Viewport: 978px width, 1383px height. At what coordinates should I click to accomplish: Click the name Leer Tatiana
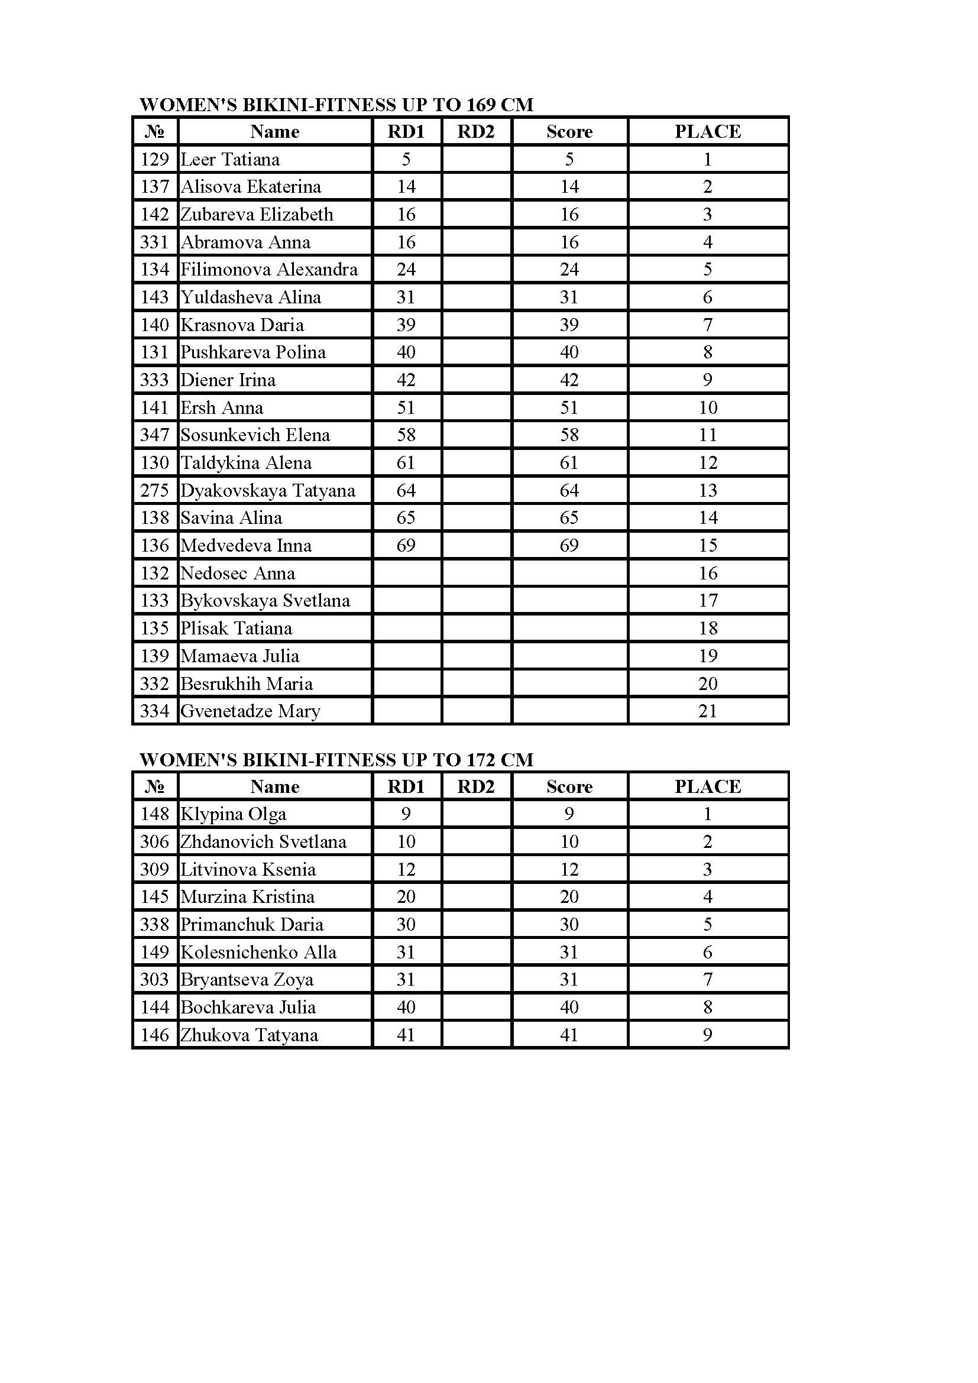click(x=230, y=160)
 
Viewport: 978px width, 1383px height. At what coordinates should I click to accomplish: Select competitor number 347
click(x=155, y=435)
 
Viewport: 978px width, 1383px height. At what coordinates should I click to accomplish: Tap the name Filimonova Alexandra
click(x=269, y=269)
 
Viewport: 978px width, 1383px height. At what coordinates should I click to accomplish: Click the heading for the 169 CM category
click(x=336, y=105)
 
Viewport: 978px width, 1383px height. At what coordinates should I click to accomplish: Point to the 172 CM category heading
click(x=336, y=760)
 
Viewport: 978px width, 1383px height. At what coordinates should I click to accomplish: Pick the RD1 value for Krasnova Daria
click(x=406, y=325)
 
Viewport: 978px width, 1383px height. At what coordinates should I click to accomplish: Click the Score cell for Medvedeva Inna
click(x=569, y=546)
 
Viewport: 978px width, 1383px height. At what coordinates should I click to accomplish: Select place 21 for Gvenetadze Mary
click(x=708, y=711)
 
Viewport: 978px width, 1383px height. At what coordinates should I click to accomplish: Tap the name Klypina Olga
click(x=234, y=814)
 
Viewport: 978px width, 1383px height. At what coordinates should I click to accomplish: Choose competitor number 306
click(x=155, y=841)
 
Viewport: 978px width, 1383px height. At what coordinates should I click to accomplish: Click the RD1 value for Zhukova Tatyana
click(x=406, y=1035)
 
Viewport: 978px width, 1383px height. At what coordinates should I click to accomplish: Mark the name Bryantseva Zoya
click(x=247, y=979)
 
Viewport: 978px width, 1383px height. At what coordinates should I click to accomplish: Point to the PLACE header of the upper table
click(x=708, y=132)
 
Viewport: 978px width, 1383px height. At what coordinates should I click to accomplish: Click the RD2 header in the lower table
click(x=476, y=786)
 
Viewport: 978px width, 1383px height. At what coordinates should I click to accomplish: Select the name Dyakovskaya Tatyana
click(x=268, y=490)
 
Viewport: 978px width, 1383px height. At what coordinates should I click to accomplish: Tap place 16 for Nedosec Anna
click(x=708, y=573)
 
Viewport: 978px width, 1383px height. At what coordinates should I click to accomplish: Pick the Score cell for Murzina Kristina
click(x=569, y=897)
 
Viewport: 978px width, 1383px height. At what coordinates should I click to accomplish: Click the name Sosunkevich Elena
click(x=255, y=435)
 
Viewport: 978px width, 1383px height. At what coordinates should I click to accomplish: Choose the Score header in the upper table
click(x=569, y=132)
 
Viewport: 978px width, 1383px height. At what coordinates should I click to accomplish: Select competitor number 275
click(x=155, y=490)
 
